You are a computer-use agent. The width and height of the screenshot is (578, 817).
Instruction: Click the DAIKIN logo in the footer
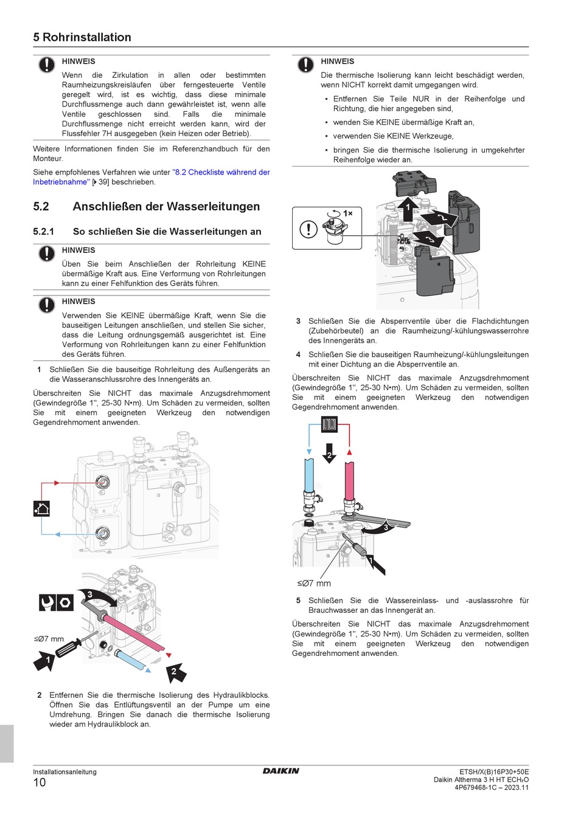pyautogui.click(x=280, y=771)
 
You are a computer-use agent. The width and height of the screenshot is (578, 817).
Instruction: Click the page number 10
pyautogui.click(x=40, y=782)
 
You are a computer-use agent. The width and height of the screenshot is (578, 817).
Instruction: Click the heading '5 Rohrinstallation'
pyautogui.click(x=82, y=37)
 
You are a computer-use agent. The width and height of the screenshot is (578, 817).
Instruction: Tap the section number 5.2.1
pyautogui.click(x=44, y=232)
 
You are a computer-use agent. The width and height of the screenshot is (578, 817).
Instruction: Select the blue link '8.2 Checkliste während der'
pyautogui.click(x=221, y=172)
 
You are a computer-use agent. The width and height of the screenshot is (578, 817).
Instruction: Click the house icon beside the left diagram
pyautogui.click(x=41, y=508)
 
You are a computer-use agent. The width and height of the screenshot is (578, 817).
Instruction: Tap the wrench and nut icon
pyautogui.click(x=56, y=602)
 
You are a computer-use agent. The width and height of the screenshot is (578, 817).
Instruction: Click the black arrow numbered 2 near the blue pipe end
pyautogui.click(x=175, y=672)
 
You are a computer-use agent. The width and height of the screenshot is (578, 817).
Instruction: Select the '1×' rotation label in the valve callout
pyautogui.click(x=347, y=213)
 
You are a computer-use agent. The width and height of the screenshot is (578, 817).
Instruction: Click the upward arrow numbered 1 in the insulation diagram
pyautogui.click(x=408, y=209)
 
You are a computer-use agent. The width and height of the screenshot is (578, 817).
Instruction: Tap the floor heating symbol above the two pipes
pyautogui.click(x=329, y=424)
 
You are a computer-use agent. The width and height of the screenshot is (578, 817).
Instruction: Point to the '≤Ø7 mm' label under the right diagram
pyautogui.click(x=314, y=584)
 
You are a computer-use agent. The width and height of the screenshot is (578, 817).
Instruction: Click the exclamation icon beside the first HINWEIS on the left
pyautogui.click(x=47, y=64)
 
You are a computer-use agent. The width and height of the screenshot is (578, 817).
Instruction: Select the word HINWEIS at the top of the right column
pyautogui.click(x=338, y=61)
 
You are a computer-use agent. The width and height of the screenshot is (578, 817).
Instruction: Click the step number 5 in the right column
pyautogui.click(x=298, y=601)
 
